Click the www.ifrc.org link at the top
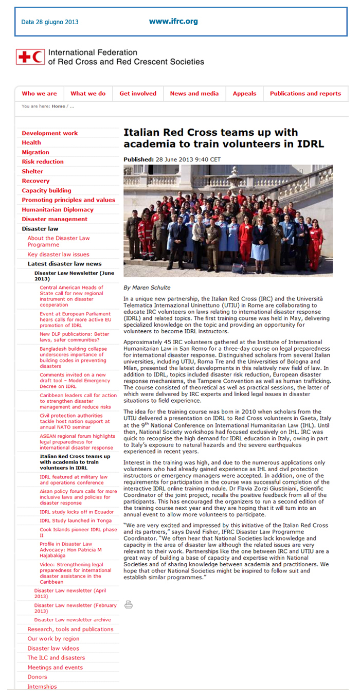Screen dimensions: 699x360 point(173,22)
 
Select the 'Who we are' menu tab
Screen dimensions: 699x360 point(39,94)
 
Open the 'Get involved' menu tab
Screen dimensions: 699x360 point(138,94)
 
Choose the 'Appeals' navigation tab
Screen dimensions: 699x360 point(244,94)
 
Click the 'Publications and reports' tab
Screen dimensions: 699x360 point(305,94)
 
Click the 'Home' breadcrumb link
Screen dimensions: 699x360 point(58,106)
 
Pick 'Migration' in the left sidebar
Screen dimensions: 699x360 point(35,152)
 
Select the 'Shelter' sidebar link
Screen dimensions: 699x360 point(32,171)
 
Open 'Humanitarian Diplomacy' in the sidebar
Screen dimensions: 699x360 point(58,209)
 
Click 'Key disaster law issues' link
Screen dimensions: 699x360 point(58,255)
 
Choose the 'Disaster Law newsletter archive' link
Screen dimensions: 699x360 point(72,620)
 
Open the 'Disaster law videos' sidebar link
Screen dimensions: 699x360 point(53,649)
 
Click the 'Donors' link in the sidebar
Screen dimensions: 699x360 point(37,677)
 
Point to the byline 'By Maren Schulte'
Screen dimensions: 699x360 point(147,288)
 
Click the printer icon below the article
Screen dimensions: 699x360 point(129,604)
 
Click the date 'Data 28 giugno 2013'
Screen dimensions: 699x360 point(50,22)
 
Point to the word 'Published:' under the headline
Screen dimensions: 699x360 point(138,159)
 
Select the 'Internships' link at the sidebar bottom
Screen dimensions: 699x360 point(42,687)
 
